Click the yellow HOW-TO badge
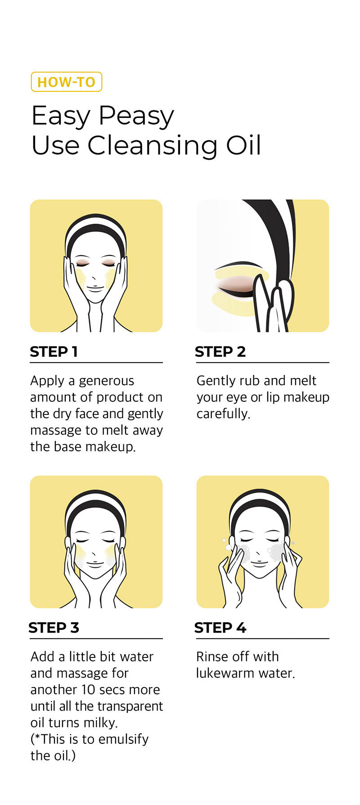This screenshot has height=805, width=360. coord(67,82)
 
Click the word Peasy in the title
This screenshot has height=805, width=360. coord(136,117)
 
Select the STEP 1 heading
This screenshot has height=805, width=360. coord(54,351)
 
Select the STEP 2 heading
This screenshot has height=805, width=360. coord(220,351)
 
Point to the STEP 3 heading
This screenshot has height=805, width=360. coord(54,627)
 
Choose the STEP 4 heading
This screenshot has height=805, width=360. coord(220,627)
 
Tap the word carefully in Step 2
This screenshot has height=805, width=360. coord(223,414)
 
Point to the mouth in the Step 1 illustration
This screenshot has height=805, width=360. coord(95,288)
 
